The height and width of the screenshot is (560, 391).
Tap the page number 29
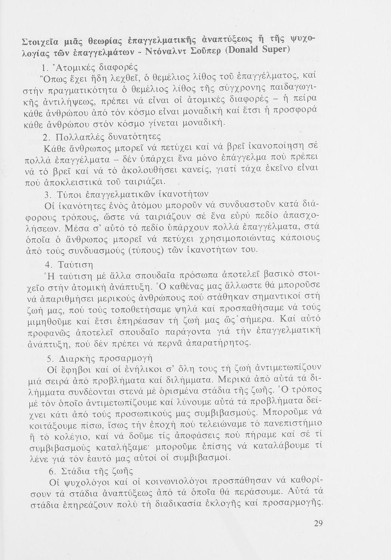(x=318, y=523)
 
